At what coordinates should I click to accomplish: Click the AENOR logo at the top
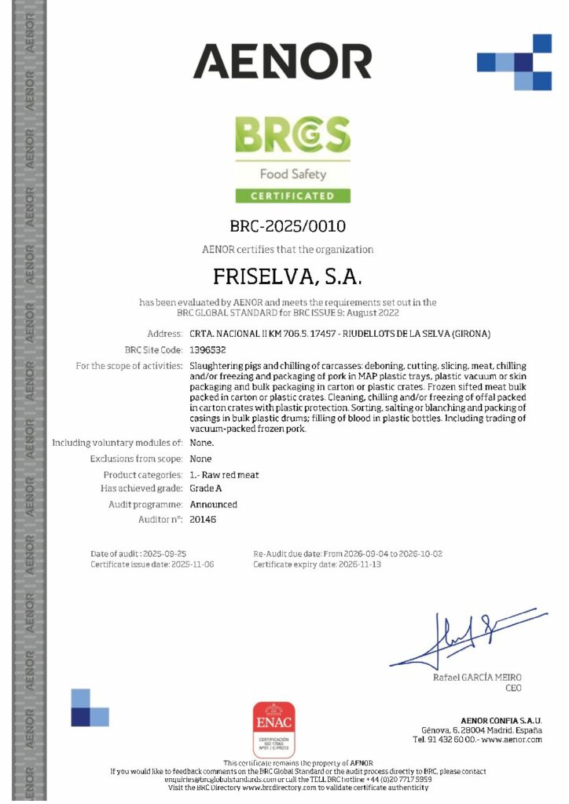(282, 61)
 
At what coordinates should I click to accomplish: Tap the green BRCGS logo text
(292, 136)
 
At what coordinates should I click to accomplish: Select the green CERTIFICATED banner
(292, 196)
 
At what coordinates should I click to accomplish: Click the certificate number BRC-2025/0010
(288, 227)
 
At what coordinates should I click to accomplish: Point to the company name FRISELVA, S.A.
(288, 277)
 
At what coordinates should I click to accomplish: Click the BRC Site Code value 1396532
(208, 349)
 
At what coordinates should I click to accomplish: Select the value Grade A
(206, 489)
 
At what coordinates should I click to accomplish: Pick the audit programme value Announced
(214, 504)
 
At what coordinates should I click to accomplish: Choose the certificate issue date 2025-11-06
(193, 565)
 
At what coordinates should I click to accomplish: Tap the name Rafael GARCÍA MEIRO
(477, 677)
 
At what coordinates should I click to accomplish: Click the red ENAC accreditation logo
(273, 729)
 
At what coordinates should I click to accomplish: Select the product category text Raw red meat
(225, 475)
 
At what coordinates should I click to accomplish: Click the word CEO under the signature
(512, 688)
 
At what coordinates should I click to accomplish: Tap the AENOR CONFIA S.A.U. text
(501, 720)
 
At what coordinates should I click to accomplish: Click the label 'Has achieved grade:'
(141, 489)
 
